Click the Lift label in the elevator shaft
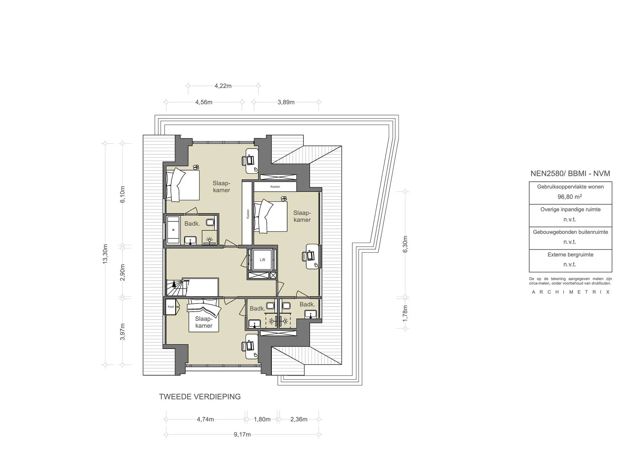point(262,260)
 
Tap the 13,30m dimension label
point(105,254)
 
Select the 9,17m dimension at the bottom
point(242,435)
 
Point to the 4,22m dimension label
point(223,86)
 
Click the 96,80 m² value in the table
point(570,197)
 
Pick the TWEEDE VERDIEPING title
point(200,397)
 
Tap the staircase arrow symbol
point(174,285)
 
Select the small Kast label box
point(171,307)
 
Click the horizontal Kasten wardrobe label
point(275,187)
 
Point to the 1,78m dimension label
point(405,313)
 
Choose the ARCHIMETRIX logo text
point(571,292)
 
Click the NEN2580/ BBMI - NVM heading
point(570,173)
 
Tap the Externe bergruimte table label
point(570,255)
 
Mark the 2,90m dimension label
point(123,272)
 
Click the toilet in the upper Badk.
point(210,223)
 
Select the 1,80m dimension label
point(262,420)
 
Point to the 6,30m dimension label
point(405,244)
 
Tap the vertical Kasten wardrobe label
point(248,214)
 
